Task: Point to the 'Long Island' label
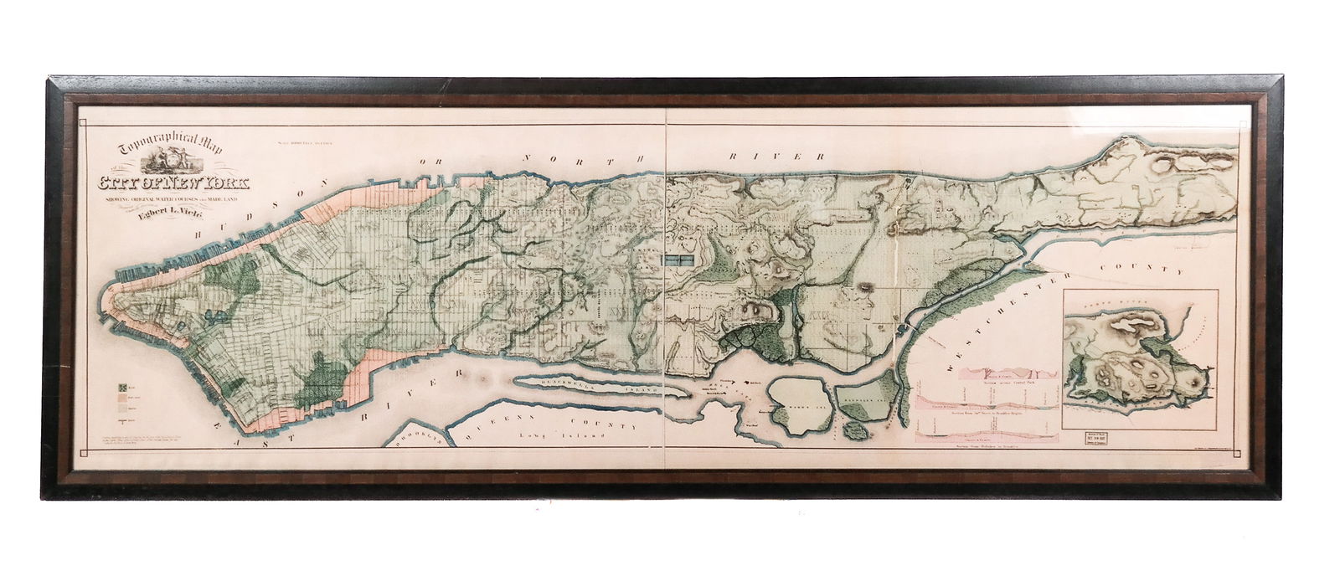(549, 436)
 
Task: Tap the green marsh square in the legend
(121, 388)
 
